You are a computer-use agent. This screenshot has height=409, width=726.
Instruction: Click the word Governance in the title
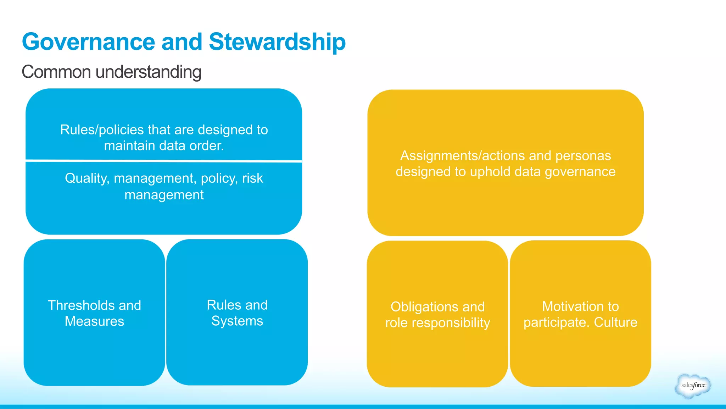coord(88,42)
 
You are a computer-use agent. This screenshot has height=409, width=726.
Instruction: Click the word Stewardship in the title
coord(277,42)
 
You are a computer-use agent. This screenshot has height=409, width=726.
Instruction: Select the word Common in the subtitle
coord(56,72)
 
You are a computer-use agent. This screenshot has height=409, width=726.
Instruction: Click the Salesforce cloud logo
coord(693,386)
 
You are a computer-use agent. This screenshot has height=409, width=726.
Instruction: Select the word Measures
coord(94,321)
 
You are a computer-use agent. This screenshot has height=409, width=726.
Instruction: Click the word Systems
coord(237,321)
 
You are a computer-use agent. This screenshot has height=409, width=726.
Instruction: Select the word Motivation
coord(568,306)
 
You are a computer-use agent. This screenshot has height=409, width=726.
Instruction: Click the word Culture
coord(615,322)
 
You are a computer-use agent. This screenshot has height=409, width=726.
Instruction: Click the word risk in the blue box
coord(252,178)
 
